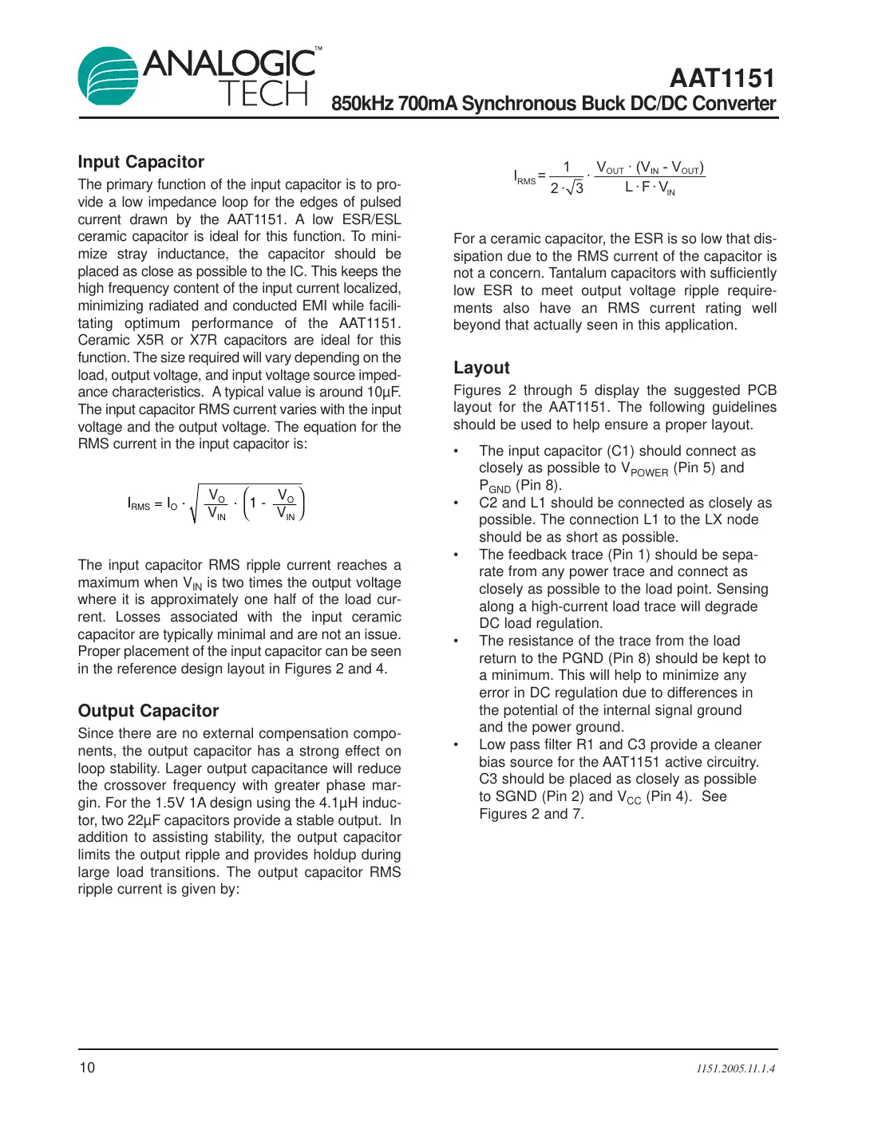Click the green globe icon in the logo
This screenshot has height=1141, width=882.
coord(108,76)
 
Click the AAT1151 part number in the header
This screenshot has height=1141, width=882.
coord(722,78)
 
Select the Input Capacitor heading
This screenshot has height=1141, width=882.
coord(140,162)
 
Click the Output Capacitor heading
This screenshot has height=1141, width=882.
coord(148,711)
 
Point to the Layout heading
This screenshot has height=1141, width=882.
coord(481,368)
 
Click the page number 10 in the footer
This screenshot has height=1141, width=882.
coord(86,1068)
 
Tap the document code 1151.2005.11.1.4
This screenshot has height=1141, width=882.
coord(735,1068)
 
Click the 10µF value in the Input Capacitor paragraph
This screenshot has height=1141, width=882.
coord(383,392)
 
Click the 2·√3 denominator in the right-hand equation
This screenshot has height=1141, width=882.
coord(567,188)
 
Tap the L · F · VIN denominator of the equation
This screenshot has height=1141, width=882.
coord(649,188)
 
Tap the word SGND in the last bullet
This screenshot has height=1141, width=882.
coord(516,796)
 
